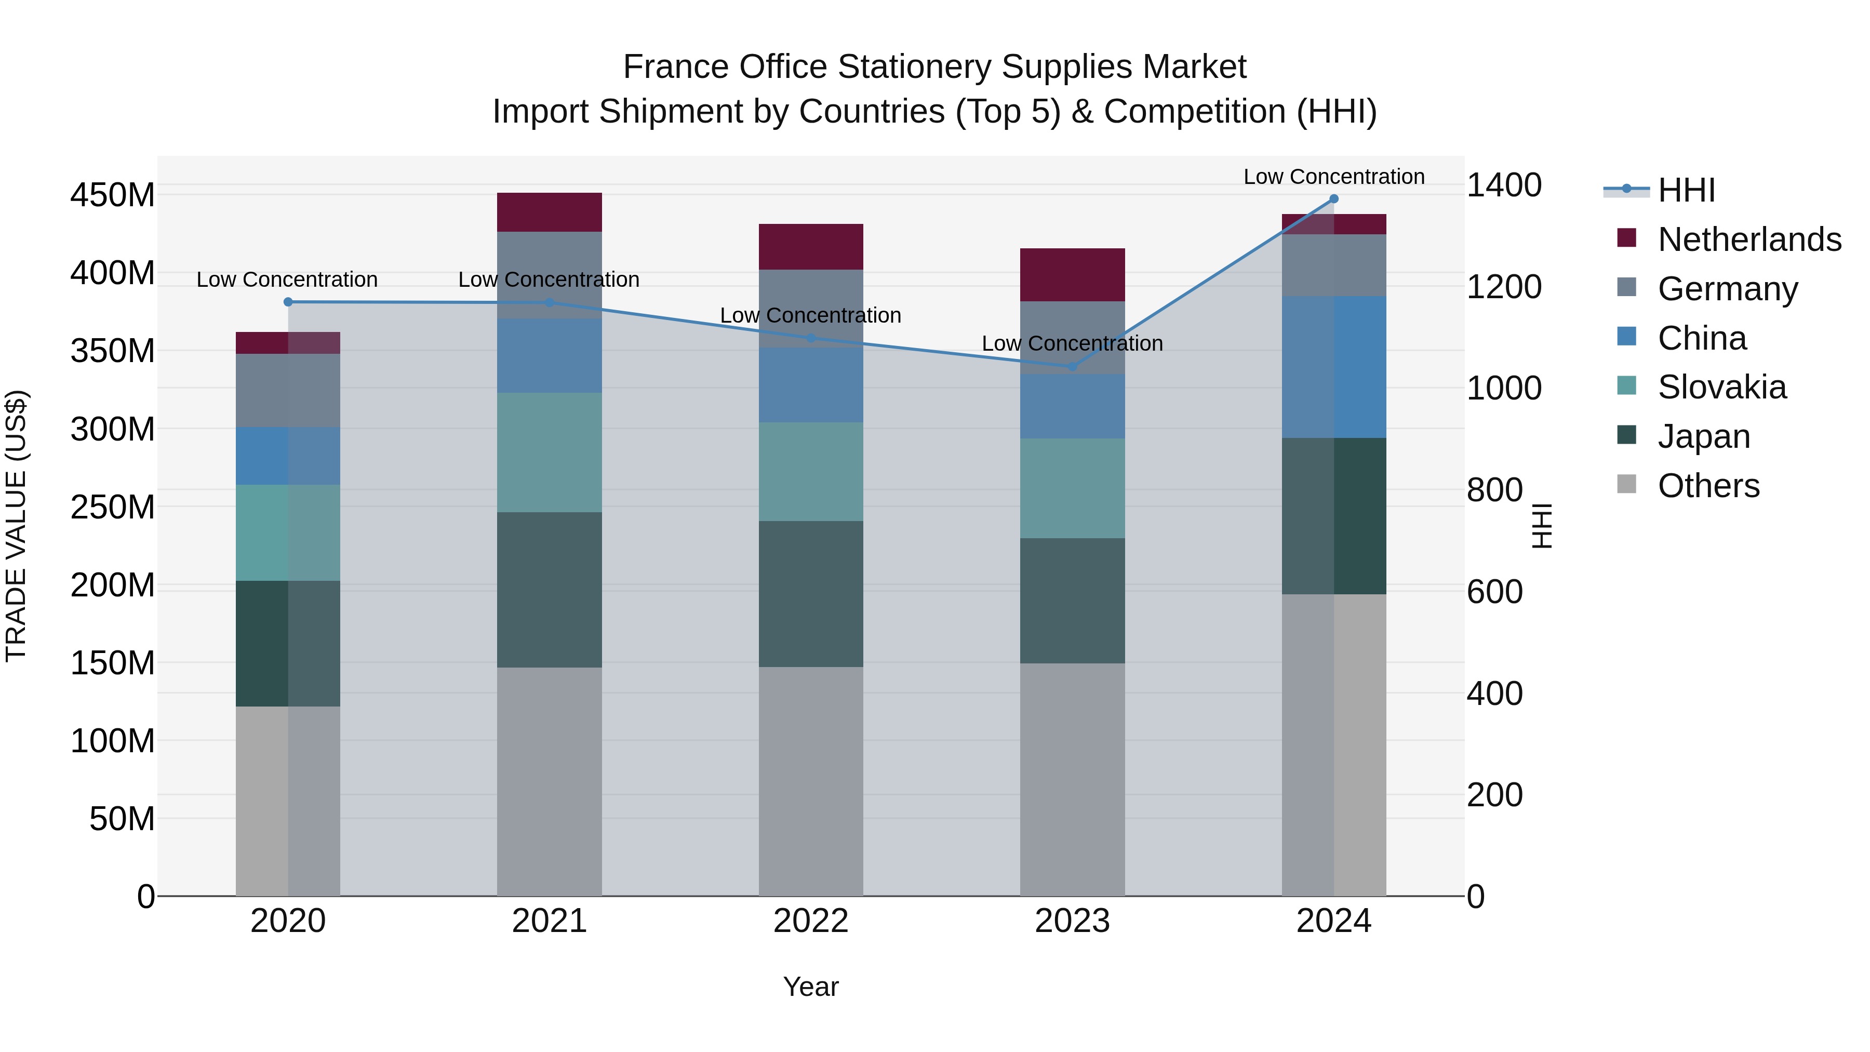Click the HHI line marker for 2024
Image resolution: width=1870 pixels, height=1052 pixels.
[1333, 199]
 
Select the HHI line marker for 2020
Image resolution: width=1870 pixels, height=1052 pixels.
[288, 302]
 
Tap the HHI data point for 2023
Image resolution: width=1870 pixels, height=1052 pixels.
[1072, 367]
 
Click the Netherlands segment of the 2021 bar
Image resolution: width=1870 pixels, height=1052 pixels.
[550, 212]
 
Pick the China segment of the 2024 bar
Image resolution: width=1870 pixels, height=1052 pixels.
[1333, 367]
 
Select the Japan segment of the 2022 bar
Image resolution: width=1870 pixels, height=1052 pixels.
[811, 594]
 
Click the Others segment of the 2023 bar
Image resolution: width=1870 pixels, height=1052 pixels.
[1072, 779]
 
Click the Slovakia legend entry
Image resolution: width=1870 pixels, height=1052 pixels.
[1722, 387]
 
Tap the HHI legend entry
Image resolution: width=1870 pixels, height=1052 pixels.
[1686, 190]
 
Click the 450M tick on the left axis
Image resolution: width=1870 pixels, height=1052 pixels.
[113, 195]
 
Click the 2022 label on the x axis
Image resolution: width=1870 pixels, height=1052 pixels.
[811, 921]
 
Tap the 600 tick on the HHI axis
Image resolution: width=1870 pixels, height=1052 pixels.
[1494, 592]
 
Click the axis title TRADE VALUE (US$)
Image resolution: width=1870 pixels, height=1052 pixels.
[17, 526]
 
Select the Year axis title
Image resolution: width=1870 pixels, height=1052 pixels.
[811, 987]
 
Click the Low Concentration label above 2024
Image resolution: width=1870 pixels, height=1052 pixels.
[1333, 177]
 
